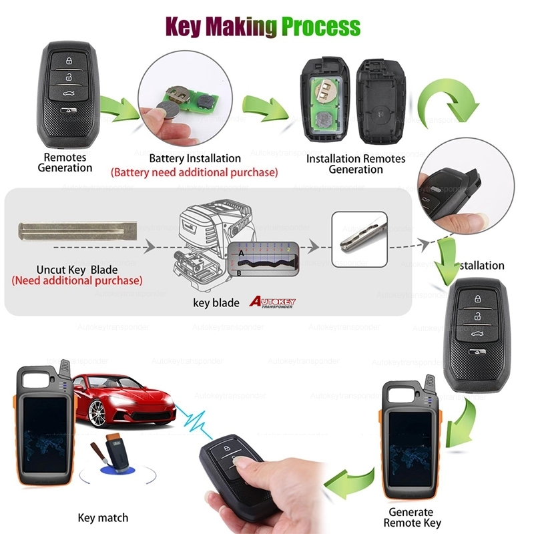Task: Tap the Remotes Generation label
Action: coord(65,162)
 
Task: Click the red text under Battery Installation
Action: coord(194,172)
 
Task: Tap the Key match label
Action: coord(103,517)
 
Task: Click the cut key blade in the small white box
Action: coord(359,232)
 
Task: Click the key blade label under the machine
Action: coord(216,302)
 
